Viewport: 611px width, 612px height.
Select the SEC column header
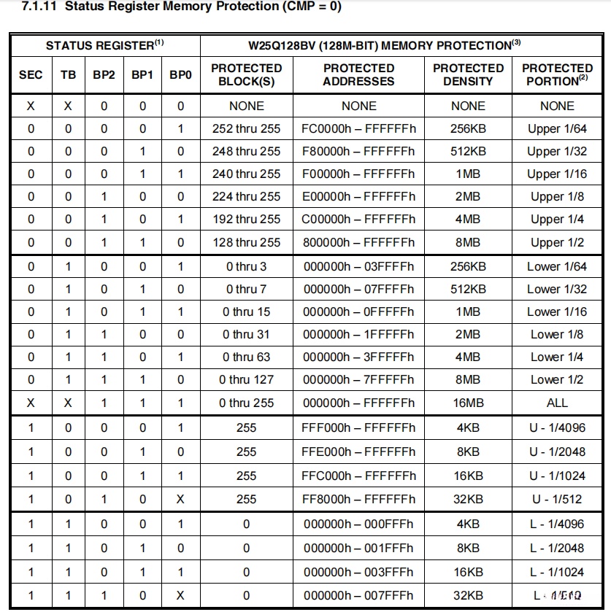click(x=31, y=74)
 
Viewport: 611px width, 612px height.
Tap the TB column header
click(x=68, y=74)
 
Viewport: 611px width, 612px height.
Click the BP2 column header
click(x=104, y=74)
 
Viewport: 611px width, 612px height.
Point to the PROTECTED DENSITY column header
click(x=468, y=74)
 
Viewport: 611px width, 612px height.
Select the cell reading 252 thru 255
click(x=246, y=129)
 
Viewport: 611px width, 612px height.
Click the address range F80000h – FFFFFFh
click(x=358, y=152)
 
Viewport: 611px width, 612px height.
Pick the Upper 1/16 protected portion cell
click(x=557, y=174)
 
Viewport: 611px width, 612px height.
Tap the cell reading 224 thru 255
click(x=246, y=197)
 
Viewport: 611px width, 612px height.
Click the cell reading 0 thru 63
click(x=246, y=357)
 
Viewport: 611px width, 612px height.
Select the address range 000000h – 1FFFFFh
click(x=358, y=335)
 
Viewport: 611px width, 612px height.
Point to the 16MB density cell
click(x=468, y=403)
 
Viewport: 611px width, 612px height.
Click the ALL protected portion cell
click(x=557, y=403)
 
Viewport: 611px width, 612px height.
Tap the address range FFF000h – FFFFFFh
click(x=358, y=428)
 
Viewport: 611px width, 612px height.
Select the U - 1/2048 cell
click(x=557, y=452)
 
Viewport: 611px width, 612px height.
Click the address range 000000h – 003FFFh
click(x=358, y=573)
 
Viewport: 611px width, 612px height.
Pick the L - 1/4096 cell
click(x=557, y=524)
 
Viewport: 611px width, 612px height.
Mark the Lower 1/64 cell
click(x=557, y=267)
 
